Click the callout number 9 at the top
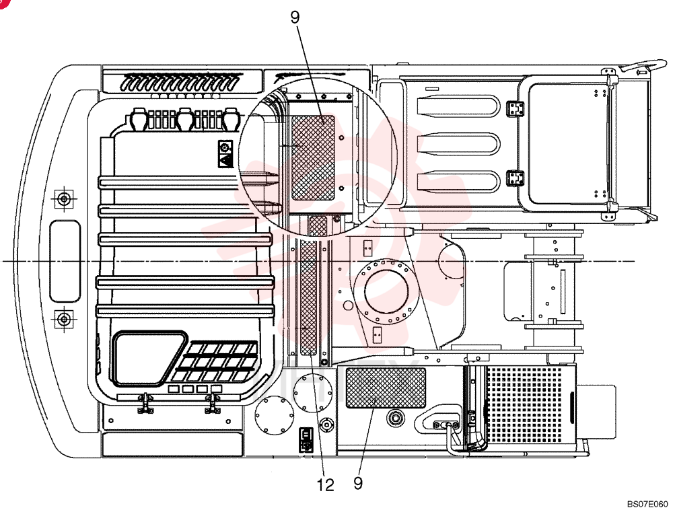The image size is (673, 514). click(x=295, y=17)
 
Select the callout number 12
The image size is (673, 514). click(x=325, y=485)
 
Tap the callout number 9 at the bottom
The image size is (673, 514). click(x=358, y=484)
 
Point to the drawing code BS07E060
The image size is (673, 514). click(x=647, y=504)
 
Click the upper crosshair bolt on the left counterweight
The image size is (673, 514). click(x=64, y=199)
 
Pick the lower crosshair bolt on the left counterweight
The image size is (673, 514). click(x=64, y=319)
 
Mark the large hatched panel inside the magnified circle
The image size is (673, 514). click(x=313, y=158)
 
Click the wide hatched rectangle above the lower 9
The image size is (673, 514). click(x=386, y=388)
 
